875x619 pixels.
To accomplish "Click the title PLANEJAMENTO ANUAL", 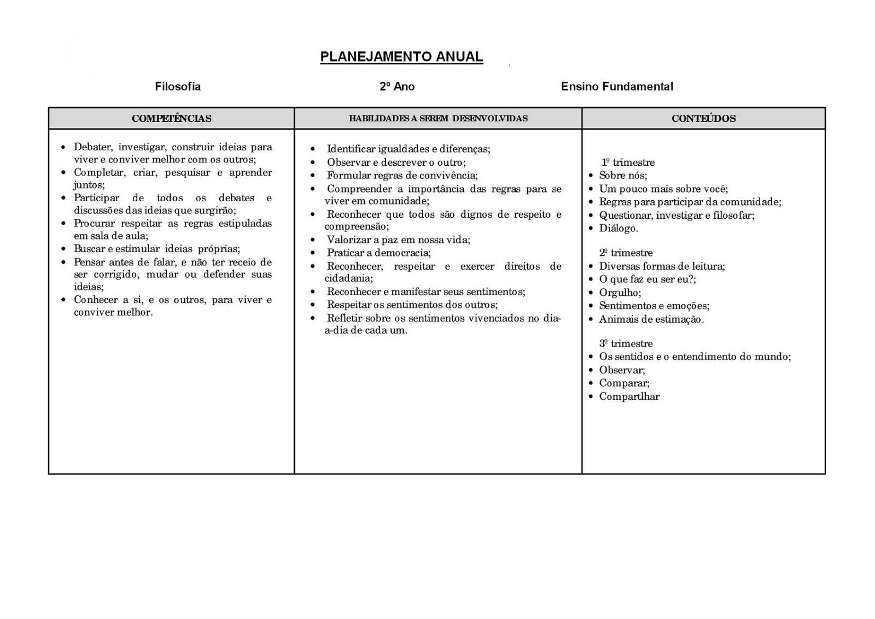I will tap(401, 57).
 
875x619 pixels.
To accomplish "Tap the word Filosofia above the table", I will tap(178, 86).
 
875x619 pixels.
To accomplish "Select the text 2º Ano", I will tap(397, 86).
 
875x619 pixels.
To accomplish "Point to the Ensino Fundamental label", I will tap(617, 86).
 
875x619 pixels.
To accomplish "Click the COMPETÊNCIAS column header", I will tap(171, 119).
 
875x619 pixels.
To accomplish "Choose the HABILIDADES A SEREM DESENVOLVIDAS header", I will tap(438, 119).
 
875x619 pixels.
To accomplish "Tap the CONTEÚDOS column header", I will tap(703, 119).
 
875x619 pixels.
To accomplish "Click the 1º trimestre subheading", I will tap(628, 162).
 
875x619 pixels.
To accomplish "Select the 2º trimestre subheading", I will tap(626, 253).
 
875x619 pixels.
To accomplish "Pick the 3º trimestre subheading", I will tap(626, 343).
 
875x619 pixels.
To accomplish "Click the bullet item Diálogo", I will tap(619, 229).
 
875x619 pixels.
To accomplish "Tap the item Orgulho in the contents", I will tap(620, 293).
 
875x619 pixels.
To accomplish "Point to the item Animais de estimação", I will tap(651, 319).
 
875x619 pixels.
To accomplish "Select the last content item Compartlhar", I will tap(629, 396).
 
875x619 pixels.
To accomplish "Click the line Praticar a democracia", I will tap(378, 253).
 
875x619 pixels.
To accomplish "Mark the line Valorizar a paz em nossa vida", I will tap(398, 240).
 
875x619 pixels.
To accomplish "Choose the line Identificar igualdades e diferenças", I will tap(408, 149).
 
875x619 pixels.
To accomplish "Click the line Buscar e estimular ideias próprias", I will tap(157, 249).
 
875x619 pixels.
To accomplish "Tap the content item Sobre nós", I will tap(623, 176).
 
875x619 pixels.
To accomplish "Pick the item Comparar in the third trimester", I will tap(624, 383).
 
